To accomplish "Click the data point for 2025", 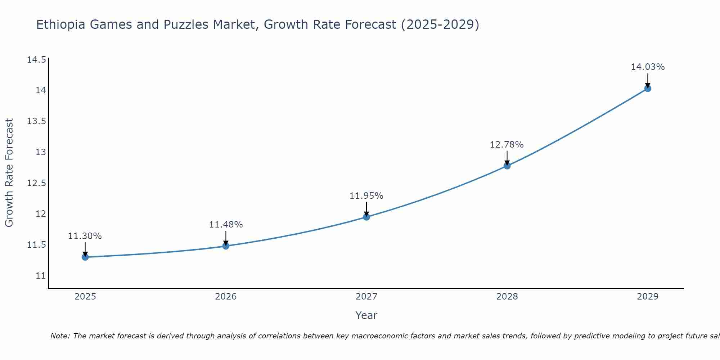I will [85, 257].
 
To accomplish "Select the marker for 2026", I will [226, 246].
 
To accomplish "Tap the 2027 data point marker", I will [366, 217].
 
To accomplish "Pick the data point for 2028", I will [507, 166].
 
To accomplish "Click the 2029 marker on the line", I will [648, 88].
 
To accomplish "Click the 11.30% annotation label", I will [85, 236].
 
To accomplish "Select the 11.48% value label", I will [226, 225].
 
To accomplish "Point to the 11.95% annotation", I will [366, 196].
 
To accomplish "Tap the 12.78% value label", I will [507, 145].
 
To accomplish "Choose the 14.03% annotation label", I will [648, 67].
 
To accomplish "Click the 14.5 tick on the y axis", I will [36, 59].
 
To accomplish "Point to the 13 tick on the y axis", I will [41, 152].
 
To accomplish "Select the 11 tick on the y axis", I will [41, 276].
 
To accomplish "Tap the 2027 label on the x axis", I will [366, 297].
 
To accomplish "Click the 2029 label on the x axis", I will [648, 297].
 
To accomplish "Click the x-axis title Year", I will [366, 315].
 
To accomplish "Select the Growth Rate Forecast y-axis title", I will [9, 173].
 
